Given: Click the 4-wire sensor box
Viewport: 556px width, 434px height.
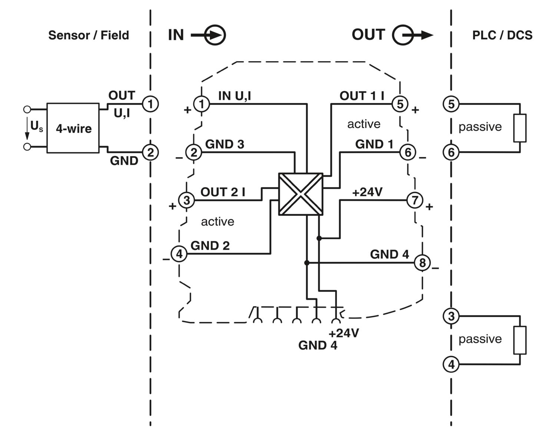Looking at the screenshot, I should click(x=73, y=128).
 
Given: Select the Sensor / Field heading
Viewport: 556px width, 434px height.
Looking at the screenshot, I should click(x=89, y=35).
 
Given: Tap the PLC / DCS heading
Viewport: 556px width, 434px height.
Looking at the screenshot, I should click(x=502, y=35).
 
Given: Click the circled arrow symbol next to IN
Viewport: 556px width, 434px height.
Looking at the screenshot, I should click(x=215, y=36).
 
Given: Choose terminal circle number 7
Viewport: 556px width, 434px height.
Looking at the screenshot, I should click(x=414, y=200).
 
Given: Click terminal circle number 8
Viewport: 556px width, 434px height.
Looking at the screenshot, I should click(x=422, y=263).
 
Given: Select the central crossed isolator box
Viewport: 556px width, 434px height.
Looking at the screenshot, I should click(x=301, y=194).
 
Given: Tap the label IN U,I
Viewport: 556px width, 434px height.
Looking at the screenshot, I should click(x=234, y=96).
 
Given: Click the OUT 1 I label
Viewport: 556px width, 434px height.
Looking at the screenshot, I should click(x=362, y=96).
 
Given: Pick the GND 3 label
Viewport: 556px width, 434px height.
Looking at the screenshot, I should click(x=225, y=144).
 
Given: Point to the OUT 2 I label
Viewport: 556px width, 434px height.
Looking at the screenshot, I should click(x=222, y=192).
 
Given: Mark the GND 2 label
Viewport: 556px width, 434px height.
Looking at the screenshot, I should click(x=210, y=246).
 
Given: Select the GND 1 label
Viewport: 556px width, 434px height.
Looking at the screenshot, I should click(x=374, y=144).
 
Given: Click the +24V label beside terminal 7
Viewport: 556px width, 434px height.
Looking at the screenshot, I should click(x=367, y=192).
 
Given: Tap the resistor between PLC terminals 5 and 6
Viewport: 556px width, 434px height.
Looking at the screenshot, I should click(x=520, y=128).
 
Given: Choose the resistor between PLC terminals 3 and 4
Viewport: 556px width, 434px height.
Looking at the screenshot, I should click(x=520, y=340).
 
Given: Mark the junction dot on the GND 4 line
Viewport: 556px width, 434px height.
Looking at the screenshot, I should click(x=307, y=263).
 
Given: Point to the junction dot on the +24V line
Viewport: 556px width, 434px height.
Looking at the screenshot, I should click(x=319, y=238).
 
